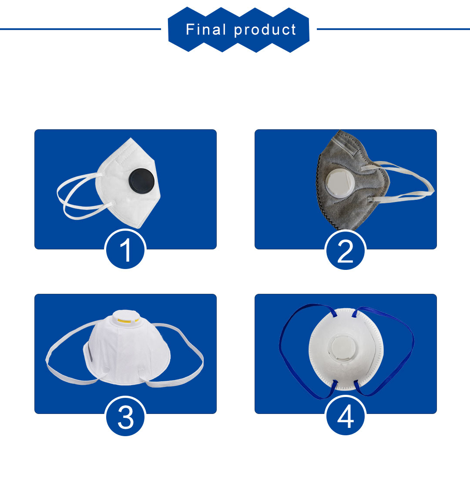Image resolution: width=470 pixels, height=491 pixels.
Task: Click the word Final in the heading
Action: [x=206, y=30]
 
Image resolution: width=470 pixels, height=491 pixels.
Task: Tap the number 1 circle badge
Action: [x=125, y=249]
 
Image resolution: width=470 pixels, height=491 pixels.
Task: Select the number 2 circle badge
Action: [x=346, y=250]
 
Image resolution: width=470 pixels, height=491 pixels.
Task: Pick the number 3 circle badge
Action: [x=125, y=416]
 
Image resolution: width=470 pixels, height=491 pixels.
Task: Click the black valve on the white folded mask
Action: [x=142, y=182]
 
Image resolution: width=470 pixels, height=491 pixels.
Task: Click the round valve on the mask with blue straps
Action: [x=344, y=348]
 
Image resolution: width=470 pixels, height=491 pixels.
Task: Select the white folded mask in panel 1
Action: [x=128, y=183]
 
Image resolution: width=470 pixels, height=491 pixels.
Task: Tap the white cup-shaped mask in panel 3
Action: [x=127, y=349]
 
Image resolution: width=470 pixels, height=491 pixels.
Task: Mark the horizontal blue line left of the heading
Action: [x=81, y=29]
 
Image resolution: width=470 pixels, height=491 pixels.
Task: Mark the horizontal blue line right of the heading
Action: [x=393, y=29]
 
